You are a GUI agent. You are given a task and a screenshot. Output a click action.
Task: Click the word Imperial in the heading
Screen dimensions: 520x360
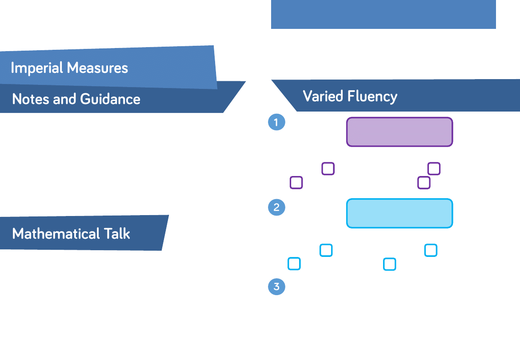[37, 68]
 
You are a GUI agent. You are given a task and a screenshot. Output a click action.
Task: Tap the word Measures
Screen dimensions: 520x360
[97, 68]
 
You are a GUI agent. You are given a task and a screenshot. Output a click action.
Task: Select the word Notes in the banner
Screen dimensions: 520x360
[31, 99]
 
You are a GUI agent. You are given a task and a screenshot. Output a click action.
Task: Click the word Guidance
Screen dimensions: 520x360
[110, 99]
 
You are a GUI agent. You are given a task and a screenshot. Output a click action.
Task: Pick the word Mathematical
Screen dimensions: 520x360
[56, 234]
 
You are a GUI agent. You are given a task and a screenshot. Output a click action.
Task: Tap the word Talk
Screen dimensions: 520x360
[117, 234]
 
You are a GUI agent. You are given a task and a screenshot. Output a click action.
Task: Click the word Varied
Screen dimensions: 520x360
[323, 96]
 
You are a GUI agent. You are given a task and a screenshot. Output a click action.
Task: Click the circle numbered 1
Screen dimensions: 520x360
[276, 122]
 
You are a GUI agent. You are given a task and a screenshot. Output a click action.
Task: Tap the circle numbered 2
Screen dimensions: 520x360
[276, 208]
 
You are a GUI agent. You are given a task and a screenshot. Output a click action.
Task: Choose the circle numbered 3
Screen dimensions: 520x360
[276, 287]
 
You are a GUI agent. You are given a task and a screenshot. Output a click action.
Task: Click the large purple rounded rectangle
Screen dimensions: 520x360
[400, 132]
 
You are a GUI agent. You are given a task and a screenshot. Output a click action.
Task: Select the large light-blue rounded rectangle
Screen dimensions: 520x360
[400, 213]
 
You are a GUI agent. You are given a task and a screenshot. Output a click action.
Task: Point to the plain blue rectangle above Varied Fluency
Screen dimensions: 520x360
[384, 14]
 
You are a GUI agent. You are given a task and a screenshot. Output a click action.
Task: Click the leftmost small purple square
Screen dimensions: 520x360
[296, 183]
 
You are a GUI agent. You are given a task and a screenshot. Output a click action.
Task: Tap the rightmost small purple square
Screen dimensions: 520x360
[434, 169]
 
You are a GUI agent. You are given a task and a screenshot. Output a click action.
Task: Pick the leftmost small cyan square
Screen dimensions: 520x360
[294, 264]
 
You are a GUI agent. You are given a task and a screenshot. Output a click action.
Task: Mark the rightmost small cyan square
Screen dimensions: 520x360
[431, 250]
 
